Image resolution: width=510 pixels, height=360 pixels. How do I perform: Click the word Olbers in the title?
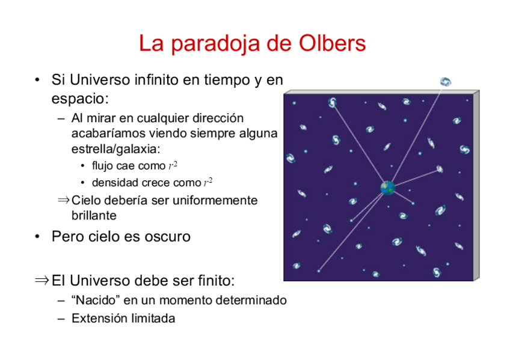(x=332, y=43)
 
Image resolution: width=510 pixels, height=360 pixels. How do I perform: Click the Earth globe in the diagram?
(x=388, y=188)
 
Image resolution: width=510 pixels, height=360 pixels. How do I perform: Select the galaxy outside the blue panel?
(x=445, y=82)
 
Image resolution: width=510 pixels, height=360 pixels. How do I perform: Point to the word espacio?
(x=80, y=99)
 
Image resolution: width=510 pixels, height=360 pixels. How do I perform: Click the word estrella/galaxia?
(x=116, y=149)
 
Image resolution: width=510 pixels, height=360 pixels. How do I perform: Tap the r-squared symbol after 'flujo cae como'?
(x=173, y=165)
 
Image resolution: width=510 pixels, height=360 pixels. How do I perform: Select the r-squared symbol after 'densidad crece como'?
(x=208, y=182)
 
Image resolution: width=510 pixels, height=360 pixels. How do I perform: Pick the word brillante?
(x=94, y=215)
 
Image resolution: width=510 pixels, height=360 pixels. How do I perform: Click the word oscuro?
(x=168, y=237)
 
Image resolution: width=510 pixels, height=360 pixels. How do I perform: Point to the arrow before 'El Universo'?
(x=41, y=280)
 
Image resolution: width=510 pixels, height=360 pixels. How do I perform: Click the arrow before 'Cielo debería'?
(x=63, y=200)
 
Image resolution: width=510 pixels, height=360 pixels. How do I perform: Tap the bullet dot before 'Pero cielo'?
(x=37, y=237)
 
